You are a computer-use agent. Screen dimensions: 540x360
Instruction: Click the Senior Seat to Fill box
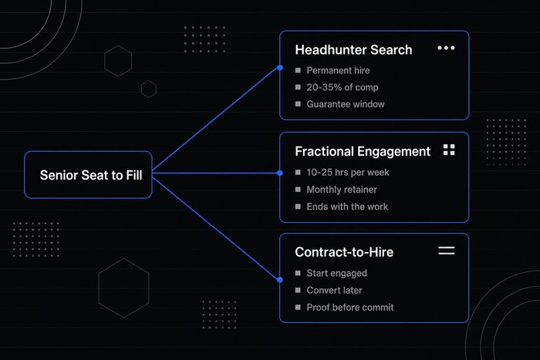[x=88, y=175]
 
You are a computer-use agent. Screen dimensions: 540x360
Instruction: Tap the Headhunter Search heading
[x=353, y=50]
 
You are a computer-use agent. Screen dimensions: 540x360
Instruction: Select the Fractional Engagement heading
[x=363, y=151]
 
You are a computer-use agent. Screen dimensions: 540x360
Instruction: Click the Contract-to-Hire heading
[x=344, y=252]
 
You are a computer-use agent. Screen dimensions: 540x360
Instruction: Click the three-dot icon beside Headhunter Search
[x=446, y=48]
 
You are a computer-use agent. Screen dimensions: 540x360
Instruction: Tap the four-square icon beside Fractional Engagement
[x=449, y=150]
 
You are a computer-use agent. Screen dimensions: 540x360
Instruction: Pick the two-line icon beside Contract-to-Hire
[x=447, y=251]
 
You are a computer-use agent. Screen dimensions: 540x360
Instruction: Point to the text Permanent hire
[x=338, y=71]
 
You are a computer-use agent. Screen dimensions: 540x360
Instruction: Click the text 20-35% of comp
[x=343, y=87]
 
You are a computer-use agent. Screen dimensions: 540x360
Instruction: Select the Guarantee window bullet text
[x=346, y=104]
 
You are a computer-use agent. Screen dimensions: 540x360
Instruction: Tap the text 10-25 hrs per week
[x=348, y=173]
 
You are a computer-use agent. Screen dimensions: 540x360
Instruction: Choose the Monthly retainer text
[x=342, y=190]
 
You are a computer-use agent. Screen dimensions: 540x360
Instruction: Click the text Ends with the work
[x=347, y=207]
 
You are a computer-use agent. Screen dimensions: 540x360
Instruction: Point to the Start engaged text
[x=337, y=273]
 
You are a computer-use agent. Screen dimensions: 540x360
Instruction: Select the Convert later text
[x=334, y=291]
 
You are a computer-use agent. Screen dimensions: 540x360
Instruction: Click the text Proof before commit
[x=350, y=308]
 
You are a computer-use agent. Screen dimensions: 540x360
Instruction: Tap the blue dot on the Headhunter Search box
[x=280, y=68]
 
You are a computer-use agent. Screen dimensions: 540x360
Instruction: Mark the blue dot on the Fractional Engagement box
[x=280, y=173]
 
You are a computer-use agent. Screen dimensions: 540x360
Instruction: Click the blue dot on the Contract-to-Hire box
[x=280, y=280]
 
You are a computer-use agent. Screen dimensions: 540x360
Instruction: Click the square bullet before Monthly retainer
[x=298, y=190]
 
